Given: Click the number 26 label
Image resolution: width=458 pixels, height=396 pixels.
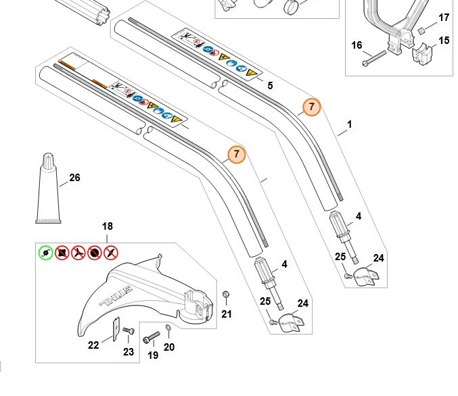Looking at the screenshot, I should point(74,178).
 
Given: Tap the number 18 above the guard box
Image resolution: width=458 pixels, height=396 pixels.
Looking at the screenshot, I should point(108,227).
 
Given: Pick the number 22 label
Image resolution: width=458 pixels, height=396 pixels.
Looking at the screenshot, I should point(94,345).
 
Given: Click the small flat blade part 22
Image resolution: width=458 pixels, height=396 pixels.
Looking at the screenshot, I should point(116,329).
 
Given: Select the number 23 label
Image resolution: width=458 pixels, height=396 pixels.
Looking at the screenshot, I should point(129,351).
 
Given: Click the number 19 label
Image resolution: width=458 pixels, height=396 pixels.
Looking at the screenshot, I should point(154,355).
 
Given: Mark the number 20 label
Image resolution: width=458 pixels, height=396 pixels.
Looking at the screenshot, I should point(169,347).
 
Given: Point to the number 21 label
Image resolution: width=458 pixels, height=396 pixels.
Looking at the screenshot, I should point(227,314).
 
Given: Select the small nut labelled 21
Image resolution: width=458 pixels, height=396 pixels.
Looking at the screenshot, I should point(225,295).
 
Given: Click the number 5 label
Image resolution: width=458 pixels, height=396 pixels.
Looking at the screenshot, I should point(271,86).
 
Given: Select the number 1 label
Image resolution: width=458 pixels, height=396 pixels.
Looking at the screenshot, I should point(350,124).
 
